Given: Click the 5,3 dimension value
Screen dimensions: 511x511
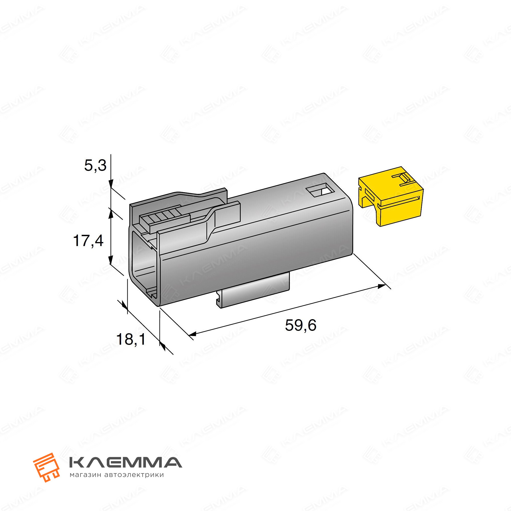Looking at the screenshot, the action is click(95, 166).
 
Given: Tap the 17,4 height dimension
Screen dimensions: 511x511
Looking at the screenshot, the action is click(88, 241).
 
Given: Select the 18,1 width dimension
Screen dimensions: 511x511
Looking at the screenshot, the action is click(131, 339).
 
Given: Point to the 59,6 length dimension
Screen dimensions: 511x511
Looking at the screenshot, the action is click(300, 325).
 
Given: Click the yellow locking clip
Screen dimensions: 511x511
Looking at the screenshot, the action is click(390, 196).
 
